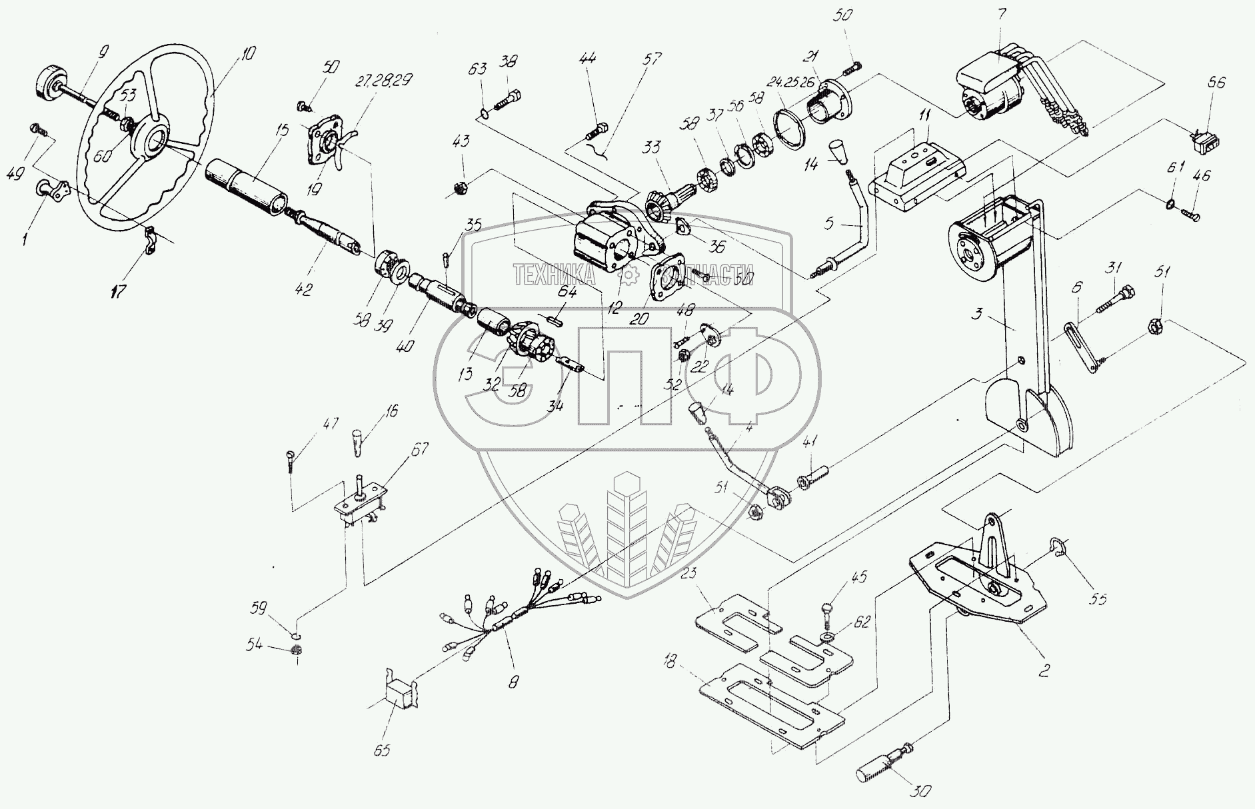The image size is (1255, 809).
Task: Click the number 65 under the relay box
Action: click(x=383, y=750)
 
